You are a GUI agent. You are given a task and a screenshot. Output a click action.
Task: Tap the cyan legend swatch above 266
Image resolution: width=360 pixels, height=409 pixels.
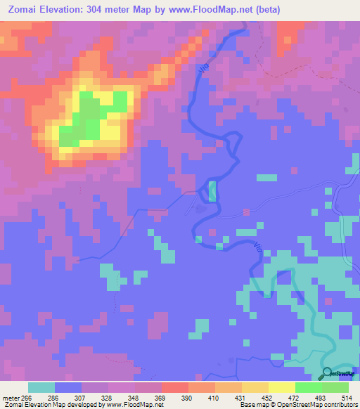pyautogui.click(x=41, y=387)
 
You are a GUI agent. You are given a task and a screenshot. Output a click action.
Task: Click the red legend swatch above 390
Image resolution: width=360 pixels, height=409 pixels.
pyautogui.click(x=174, y=387)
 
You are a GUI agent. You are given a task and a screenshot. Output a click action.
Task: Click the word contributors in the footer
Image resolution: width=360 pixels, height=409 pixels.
pyautogui.click(x=337, y=405)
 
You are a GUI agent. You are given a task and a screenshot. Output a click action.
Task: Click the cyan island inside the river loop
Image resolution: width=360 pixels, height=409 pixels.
pyautogui.click(x=212, y=190)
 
